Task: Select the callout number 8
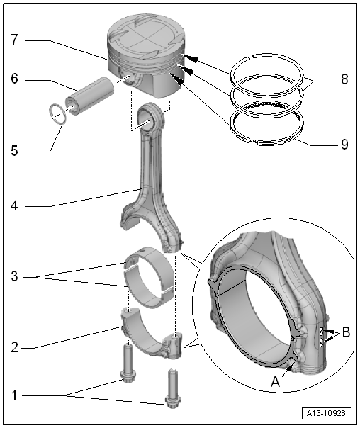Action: coord(344,80)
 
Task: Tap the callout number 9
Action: coord(344,144)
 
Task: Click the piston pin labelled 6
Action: coord(91,94)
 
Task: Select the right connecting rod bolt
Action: coord(172,388)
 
